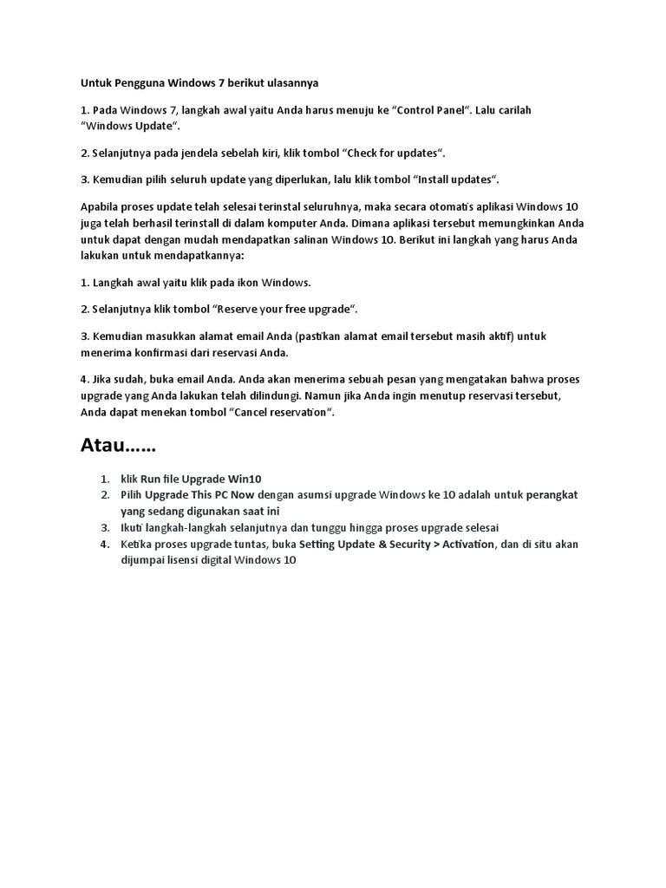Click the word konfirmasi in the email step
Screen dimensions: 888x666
click(159, 353)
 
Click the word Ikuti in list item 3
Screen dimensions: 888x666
click(131, 528)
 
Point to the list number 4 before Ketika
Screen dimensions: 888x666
click(103, 545)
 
